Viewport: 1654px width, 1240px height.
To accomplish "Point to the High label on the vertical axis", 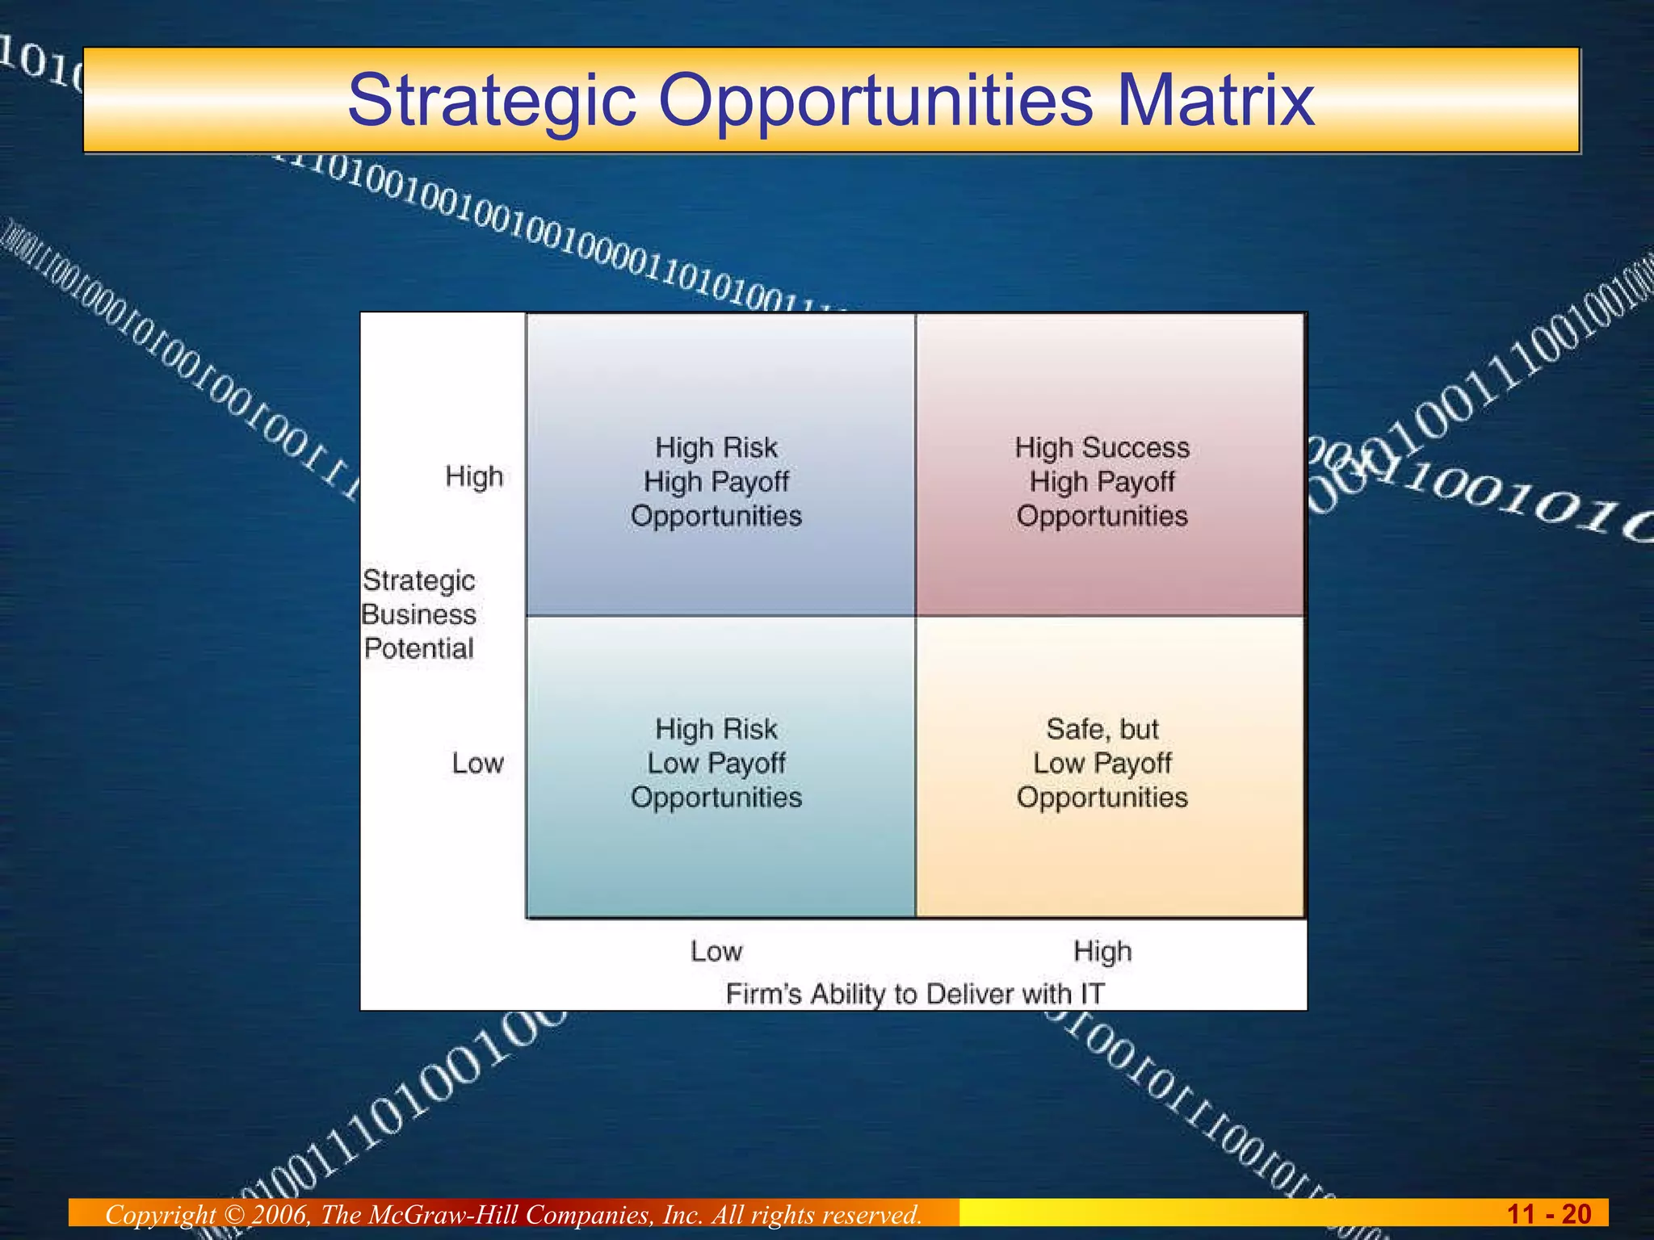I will [x=474, y=477].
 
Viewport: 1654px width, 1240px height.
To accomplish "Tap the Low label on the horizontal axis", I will [x=716, y=952].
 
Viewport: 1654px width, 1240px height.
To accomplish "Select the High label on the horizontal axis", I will [x=1102, y=952].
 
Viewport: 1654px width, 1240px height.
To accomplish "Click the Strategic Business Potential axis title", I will [x=418, y=614].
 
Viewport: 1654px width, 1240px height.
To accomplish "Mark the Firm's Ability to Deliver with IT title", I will [x=914, y=994].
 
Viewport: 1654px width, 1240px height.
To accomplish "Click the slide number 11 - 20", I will [x=1548, y=1214].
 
